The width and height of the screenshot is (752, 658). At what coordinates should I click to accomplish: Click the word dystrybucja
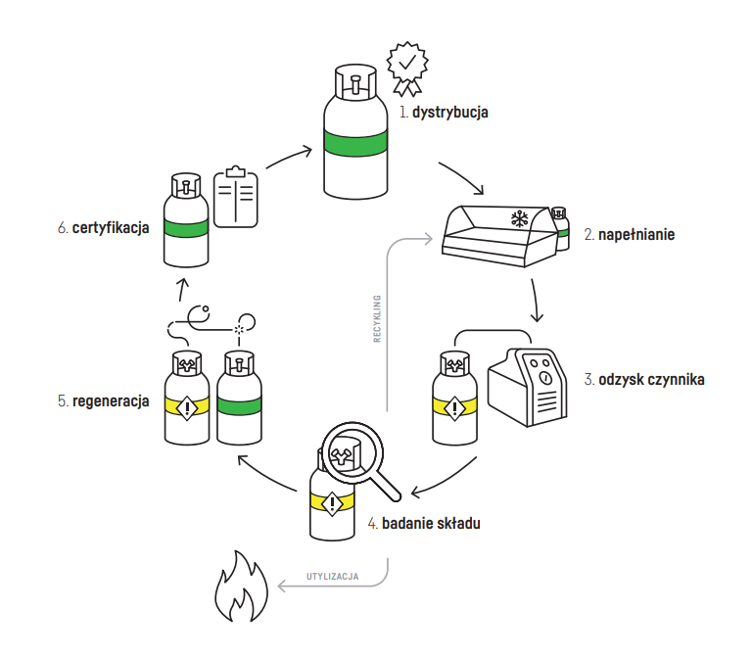449,113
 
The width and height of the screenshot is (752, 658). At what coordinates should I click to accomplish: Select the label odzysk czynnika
651,379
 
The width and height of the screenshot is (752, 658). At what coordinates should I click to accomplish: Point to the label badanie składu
431,524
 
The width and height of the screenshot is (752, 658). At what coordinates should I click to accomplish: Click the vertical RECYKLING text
377,319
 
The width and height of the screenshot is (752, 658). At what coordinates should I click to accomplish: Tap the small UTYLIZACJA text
333,577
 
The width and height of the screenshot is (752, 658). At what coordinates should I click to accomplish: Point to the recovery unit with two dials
535,386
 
